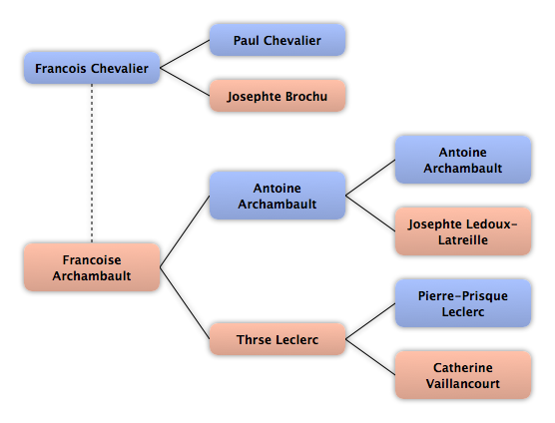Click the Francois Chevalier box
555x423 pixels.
pos(92,68)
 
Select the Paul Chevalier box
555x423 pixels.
pos(277,40)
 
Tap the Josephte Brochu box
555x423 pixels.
pos(277,96)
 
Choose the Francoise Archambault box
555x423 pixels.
pos(92,267)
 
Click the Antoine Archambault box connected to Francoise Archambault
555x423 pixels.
pos(277,196)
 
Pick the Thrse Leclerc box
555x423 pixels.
pos(277,339)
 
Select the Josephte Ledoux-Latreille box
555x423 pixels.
pos(462,231)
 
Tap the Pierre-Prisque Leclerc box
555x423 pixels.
pos(462,303)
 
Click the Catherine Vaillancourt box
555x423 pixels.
pos(462,375)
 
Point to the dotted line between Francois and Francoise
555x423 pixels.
pos(92,164)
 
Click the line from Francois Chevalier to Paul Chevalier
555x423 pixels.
pos(185,54)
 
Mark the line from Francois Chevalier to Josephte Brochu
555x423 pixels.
pos(185,82)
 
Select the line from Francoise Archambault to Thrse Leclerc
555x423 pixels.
pos(185,303)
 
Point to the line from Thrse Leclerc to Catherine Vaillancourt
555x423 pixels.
pos(370,357)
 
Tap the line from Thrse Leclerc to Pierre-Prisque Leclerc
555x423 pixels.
pos(370,321)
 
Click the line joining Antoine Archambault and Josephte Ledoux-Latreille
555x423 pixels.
pos(370,213)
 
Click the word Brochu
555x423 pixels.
pos(306,96)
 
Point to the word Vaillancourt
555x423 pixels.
pos(463,383)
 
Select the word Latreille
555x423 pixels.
pos(463,239)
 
